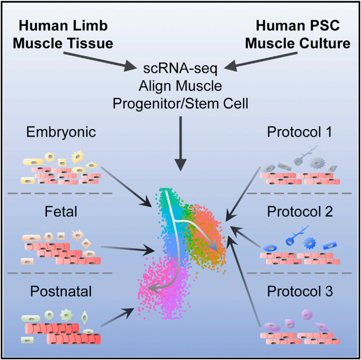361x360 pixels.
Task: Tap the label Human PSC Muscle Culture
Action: click(x=302, y=34)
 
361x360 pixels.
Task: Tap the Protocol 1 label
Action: click(x=301, y=134)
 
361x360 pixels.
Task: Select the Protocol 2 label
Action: click(x=301, y=212)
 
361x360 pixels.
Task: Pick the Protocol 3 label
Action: click(x=301, y=292)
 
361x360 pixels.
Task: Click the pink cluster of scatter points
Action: click(x=161, y=282)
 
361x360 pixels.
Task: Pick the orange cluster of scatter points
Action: click(x=212, y=231)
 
